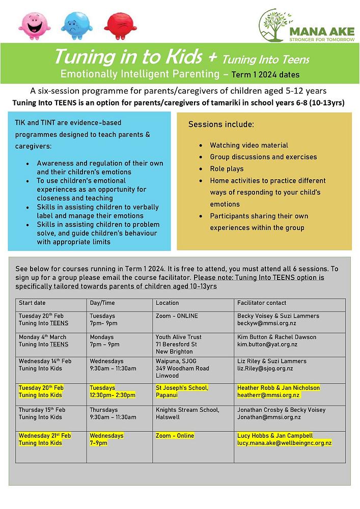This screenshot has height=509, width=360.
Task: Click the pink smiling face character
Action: tap(35, 25)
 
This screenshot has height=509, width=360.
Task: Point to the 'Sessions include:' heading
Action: tap(221, 124)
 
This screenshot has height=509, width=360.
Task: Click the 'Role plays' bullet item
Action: tap(227, 169)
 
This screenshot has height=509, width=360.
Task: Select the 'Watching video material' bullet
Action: tap(249, 146)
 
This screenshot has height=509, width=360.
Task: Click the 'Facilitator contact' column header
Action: tap(262, 303)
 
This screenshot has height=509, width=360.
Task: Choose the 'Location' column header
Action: tap(167, 303)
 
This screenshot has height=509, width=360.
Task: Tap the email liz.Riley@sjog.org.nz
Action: tap(265, 369)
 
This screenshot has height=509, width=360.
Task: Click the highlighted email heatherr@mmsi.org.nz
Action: tap(268, 395)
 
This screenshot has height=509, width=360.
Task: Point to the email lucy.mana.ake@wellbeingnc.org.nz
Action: tap(284, 443)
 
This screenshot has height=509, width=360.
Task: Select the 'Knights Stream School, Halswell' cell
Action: tap(187, 413)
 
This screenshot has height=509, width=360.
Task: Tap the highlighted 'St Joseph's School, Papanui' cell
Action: tap(182, 391)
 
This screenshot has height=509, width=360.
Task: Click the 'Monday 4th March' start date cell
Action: tap(43, 337)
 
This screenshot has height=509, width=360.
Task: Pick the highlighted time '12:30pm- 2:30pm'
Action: tap(113, 395)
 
